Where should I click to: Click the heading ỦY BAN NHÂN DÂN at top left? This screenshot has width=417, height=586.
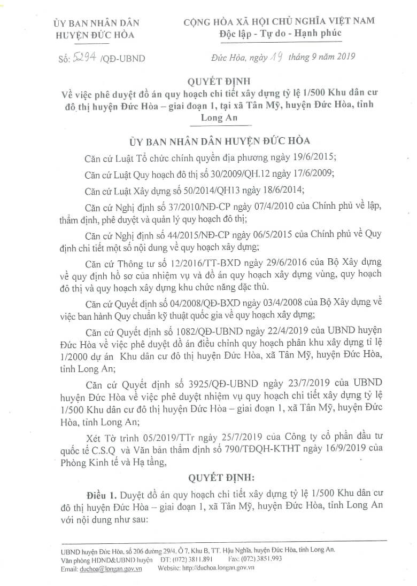point(96,23)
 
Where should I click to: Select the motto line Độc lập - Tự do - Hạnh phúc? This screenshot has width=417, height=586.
point(280,34)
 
